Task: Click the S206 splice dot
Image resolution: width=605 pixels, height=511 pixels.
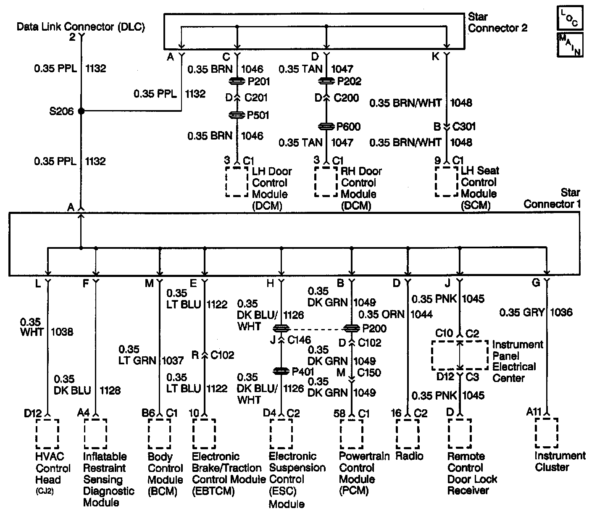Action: pos(81,111)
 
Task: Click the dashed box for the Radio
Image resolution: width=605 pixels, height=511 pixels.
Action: pos(407,433)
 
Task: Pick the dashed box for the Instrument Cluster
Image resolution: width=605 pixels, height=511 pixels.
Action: pos(547,433)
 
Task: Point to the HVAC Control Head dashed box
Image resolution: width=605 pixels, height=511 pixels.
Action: pos(47,433)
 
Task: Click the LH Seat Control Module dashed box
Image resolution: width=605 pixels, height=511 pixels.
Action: pos(446,182)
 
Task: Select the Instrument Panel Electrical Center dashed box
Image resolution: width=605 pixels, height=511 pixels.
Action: pos(460,355)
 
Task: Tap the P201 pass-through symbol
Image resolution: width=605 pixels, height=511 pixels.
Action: pos(238,81)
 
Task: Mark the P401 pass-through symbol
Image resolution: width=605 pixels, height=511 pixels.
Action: pos(281,371)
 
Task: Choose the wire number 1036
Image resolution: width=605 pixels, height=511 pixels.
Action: pos(561,312)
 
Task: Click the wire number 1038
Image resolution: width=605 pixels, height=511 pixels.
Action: pos(62,332)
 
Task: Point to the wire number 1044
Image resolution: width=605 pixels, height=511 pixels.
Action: pos(421,314)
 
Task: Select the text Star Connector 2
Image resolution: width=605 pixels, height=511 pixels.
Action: pos(497,23)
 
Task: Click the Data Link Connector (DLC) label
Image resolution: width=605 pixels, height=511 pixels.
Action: pos(81,27)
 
